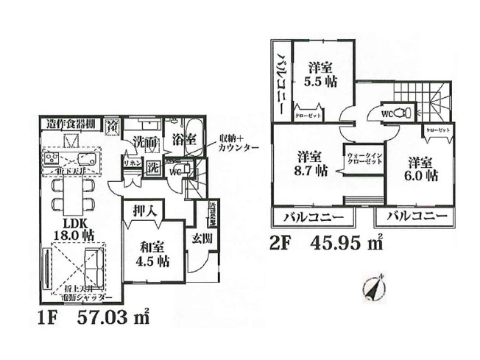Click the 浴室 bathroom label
[183, 138]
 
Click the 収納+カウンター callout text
[238, 143]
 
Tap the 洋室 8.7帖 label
[311, 164]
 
